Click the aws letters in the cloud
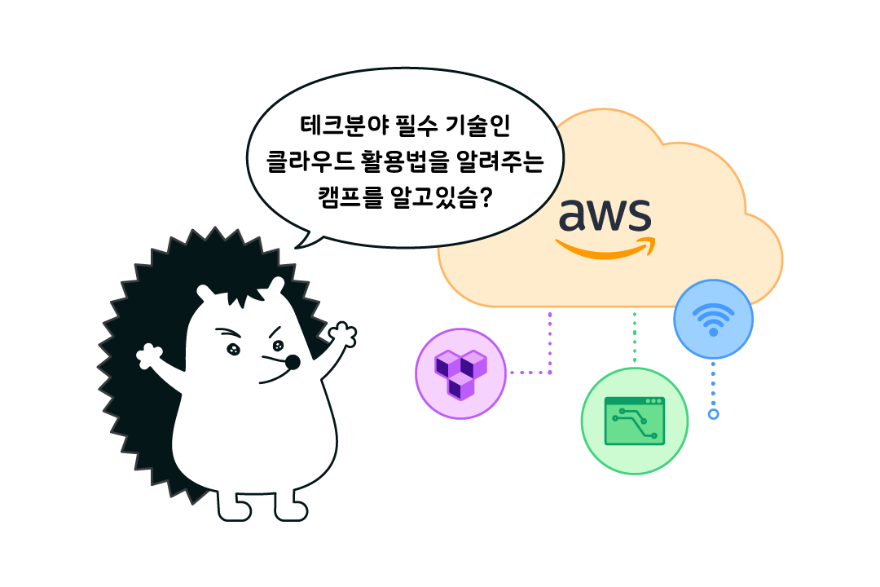(x=605, y=215)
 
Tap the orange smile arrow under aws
(x=605, y=249)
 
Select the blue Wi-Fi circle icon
(x=713, y=320)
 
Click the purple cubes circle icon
(x=461, y=373)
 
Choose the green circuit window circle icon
(x=635, y=421)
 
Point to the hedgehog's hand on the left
(x=149, y=356)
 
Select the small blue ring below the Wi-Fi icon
(x=714, y=414)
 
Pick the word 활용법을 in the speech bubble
(x=406, y=161)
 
